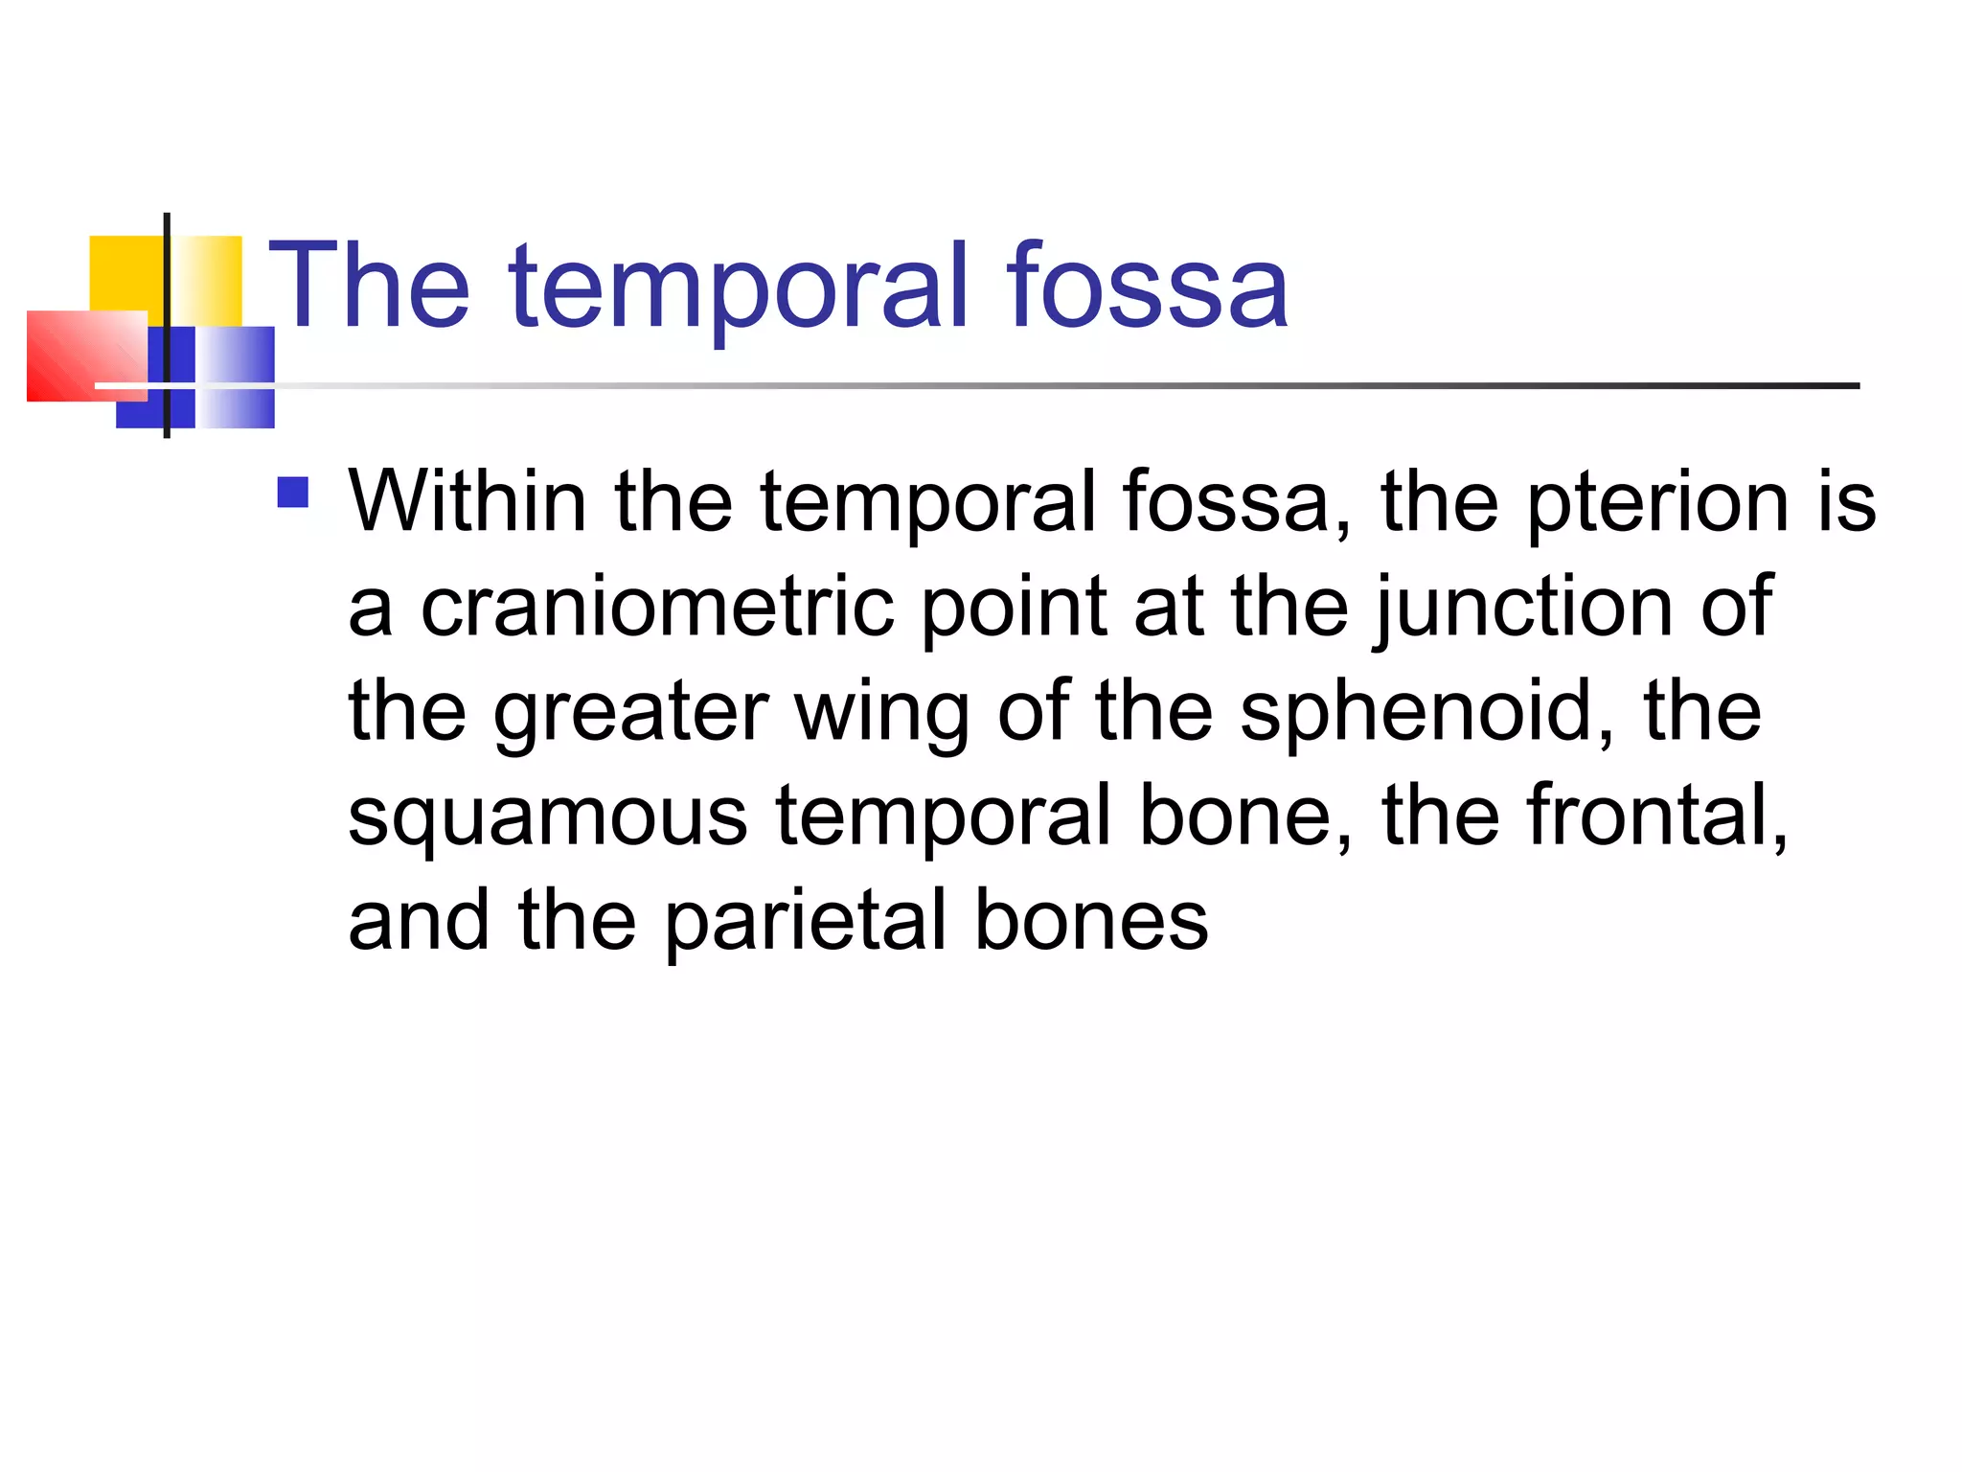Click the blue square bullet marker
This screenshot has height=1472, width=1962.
(x=292, y=493)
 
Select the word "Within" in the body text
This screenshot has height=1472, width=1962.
(x=468, y=502)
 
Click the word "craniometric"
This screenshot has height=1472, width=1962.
(x=657, y=608)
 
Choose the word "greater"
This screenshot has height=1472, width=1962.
(x=630, y=715)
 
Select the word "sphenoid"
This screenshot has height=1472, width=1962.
(x=1426, y=713)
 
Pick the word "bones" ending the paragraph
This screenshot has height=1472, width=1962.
(x=1091, y=922)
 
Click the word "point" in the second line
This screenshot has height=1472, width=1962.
(x=1014, y=609)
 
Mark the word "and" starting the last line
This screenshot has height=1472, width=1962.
(x=419, y=922)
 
